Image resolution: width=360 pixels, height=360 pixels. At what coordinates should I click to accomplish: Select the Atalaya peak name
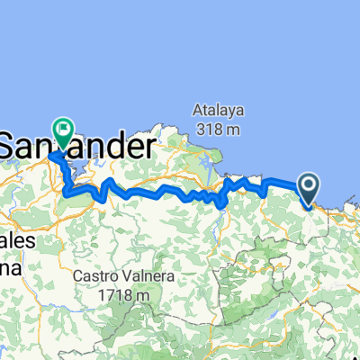pos(216,110)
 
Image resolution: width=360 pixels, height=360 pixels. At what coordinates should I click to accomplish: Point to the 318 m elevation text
pos(217,130)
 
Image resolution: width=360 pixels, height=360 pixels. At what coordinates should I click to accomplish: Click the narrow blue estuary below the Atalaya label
pos(210,163)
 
